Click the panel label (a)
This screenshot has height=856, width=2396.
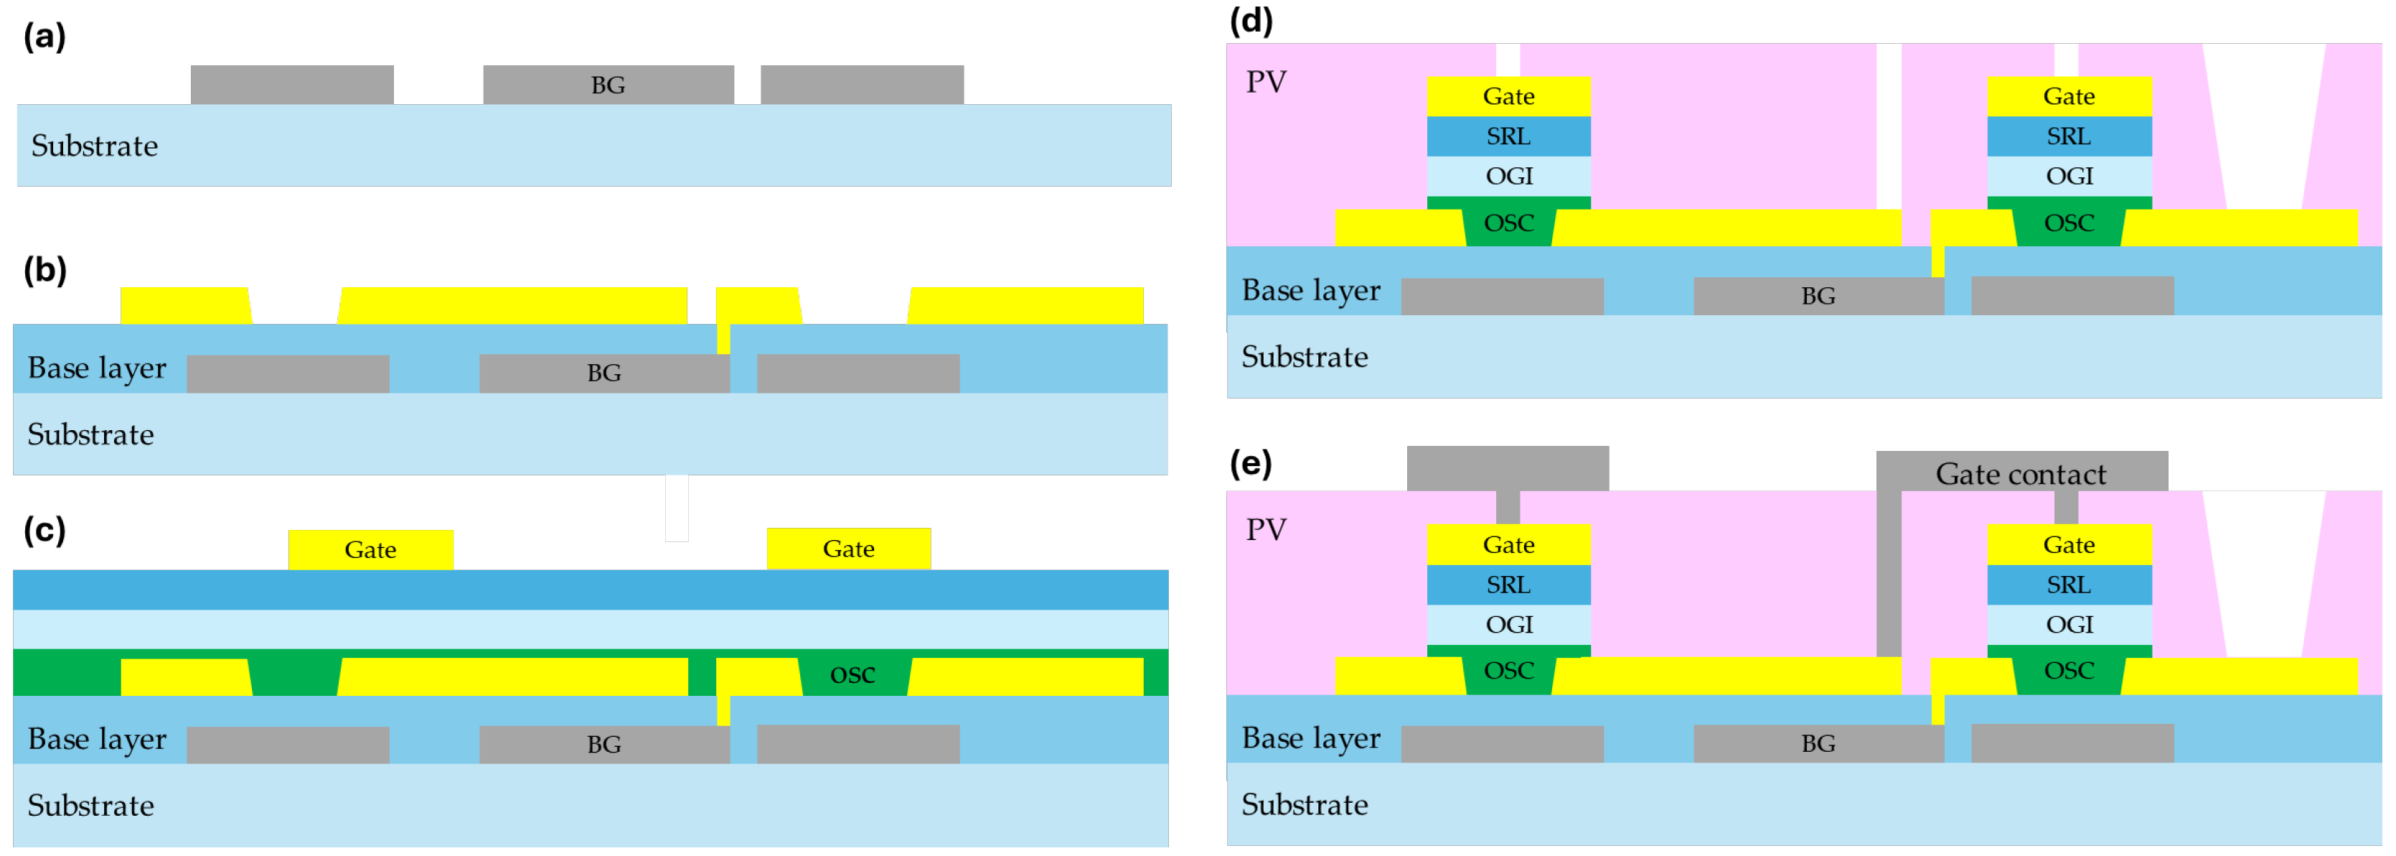coord(44,37)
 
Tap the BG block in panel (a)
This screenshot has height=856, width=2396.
coord(609,85)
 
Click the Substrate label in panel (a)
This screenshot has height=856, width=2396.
coord(94,146)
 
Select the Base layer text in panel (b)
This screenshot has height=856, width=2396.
coord(97,368)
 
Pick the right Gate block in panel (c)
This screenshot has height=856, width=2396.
coord(848,549)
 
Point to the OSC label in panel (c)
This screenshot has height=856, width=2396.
coord(852,674)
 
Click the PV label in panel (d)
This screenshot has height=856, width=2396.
coord(1266,82)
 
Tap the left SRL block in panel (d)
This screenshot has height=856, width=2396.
coord(1508,136)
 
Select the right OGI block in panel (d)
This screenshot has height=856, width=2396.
coord(2069,176)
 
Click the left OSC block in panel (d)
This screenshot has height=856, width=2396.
coord(1508,223)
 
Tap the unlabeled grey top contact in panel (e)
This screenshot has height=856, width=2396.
coord(1507,468)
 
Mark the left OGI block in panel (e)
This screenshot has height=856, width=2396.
coord(1508,624)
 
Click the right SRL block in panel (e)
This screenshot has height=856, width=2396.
coord(2069,585)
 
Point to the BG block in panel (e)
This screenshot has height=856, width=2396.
coord(1818,743)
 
